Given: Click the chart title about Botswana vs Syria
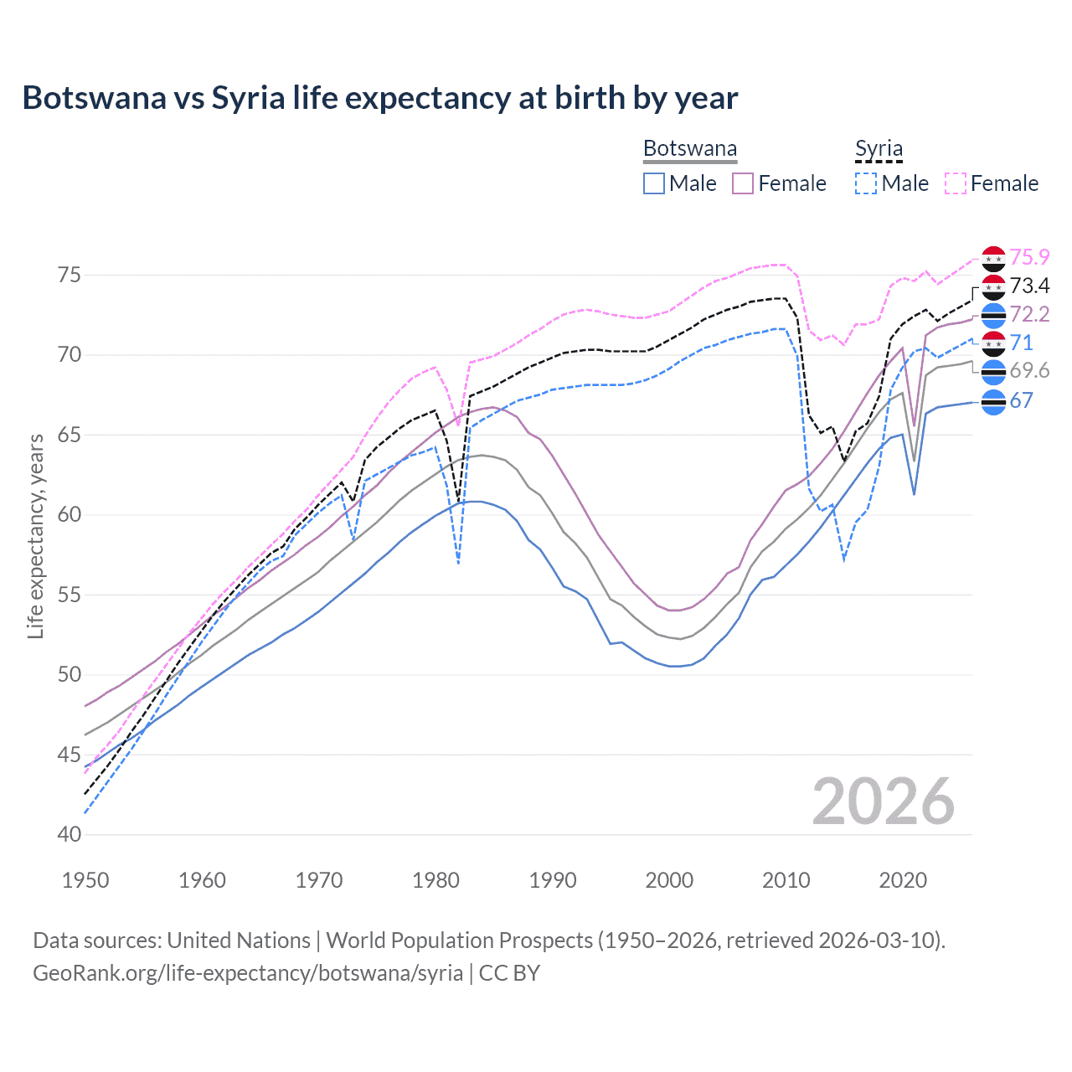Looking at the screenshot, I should point(379,98).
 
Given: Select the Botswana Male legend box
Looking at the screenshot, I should point(654,183).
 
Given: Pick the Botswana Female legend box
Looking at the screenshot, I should point(743,183).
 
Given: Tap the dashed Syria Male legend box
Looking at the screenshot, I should point(866,183).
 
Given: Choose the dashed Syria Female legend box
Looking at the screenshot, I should point(956,183).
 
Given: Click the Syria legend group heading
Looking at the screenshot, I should point(879,149).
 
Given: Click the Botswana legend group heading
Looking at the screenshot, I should point(690,149).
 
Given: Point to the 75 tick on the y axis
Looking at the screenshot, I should point(70,276).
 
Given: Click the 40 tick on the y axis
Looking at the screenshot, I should point(70,835).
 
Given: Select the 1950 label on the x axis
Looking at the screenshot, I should point(85,880).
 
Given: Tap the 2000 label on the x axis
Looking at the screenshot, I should point(669,880).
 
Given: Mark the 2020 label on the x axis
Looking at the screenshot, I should point(903,880).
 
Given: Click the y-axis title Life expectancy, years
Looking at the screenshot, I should point(36,536).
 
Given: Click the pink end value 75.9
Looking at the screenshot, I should point(1029,257).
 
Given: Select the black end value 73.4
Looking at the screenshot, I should point(1029,286).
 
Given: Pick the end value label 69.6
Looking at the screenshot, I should point(1029,371).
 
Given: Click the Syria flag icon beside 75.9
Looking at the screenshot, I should point(993,259).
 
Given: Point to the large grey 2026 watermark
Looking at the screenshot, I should point(884,801).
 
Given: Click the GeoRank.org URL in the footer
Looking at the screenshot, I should point(248,973).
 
